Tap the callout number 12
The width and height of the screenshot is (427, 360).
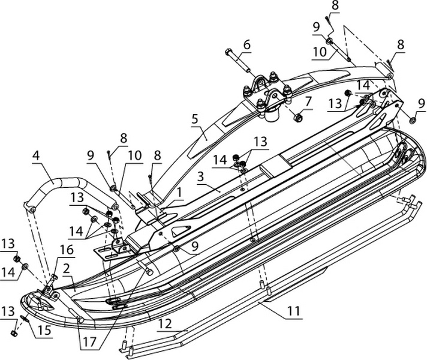(166, 324)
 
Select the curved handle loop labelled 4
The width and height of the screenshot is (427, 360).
(60, 184)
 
